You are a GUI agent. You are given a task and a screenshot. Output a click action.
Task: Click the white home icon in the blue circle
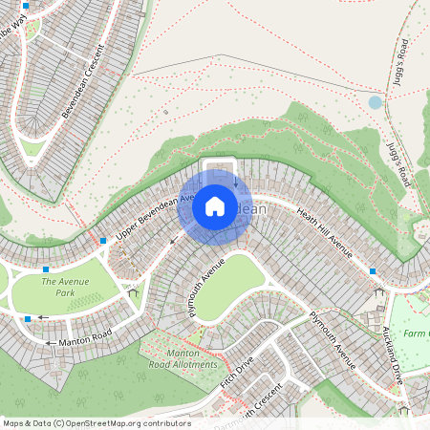[215, 206]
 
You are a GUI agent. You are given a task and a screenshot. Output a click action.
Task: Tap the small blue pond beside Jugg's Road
[375, 101]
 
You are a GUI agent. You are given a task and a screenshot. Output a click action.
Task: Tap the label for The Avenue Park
[65, 287]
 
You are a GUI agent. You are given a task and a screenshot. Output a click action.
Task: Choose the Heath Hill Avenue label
[324, 233]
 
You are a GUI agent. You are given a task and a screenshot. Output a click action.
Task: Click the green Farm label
[416, 333]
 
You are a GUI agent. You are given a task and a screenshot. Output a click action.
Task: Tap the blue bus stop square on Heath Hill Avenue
[373, 271]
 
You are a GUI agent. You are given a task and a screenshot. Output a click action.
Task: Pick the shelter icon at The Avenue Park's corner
[133, 291]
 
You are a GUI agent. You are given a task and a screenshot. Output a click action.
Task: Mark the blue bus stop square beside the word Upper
[102, 241]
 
